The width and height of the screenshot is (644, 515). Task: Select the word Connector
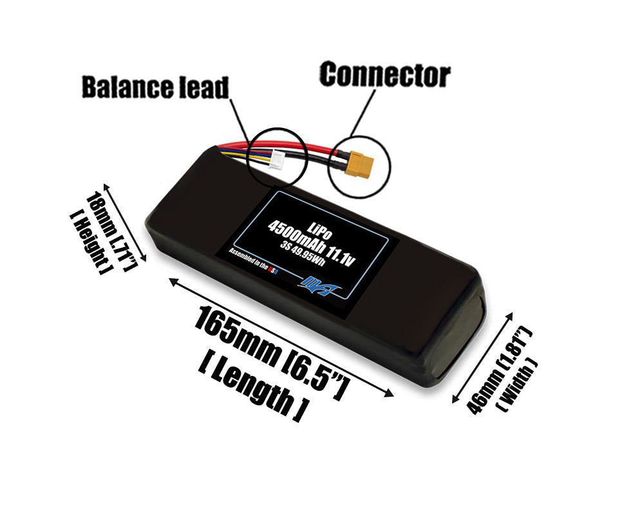coord(385,75)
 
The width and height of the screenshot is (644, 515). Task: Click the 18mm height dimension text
coord(110,230)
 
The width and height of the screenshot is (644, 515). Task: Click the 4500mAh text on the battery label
coord(296,238)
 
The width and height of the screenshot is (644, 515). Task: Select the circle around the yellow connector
coord(359,166)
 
